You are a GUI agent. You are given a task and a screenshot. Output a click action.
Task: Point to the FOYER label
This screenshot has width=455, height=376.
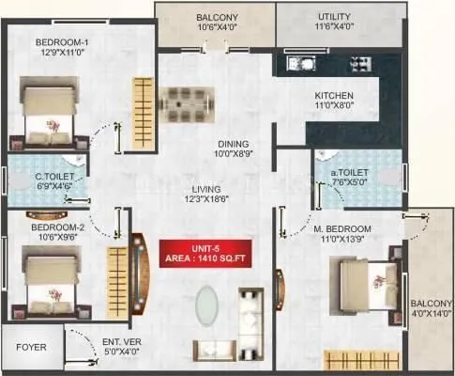pyautogui.click(x=31, y=347)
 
